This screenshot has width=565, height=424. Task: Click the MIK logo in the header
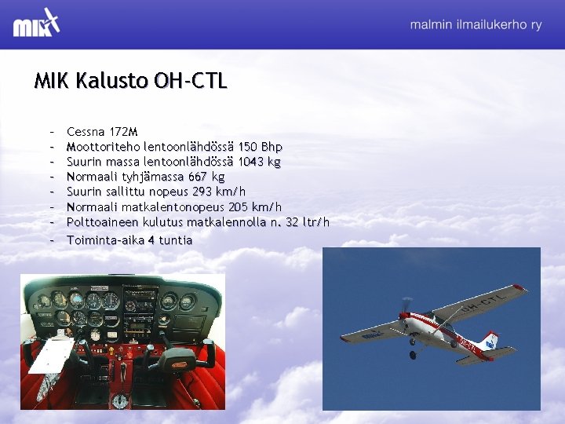[x=36, y=23]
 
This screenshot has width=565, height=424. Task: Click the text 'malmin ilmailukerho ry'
[x=476, y=25]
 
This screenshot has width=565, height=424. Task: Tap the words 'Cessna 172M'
[x=102, y=131]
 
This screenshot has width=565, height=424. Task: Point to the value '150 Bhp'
[x=260, y=147]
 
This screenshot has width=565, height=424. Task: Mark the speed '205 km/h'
[x=254, y=207]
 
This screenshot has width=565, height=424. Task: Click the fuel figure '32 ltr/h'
[x=308, y=222]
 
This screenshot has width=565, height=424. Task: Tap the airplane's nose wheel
[x=412, y=354]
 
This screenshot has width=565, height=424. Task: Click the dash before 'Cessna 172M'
[x=50, y=131]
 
